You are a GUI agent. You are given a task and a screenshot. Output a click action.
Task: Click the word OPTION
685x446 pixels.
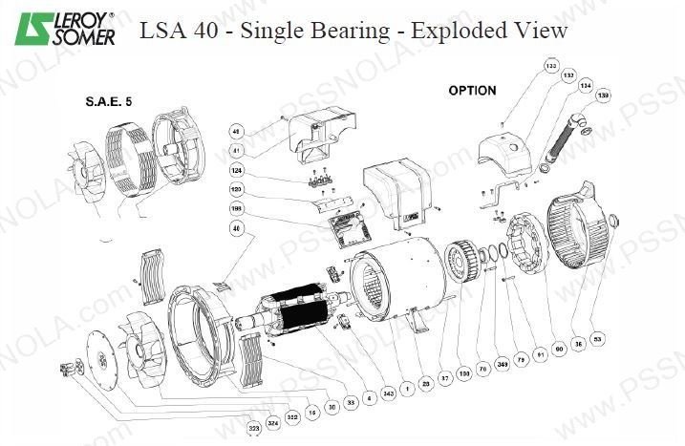(x=472, y=91)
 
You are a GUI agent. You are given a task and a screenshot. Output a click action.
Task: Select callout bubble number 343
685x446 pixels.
(x=388, y=393)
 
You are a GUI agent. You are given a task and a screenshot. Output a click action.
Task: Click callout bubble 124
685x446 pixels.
(x=236, y=171)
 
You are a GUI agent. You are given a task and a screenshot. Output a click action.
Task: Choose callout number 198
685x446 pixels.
(x=236, y=207)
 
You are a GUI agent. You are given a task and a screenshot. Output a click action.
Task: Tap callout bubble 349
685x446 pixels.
(x=503, y=366)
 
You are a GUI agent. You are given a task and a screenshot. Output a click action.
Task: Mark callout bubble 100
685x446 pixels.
(x=464, y=372)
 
